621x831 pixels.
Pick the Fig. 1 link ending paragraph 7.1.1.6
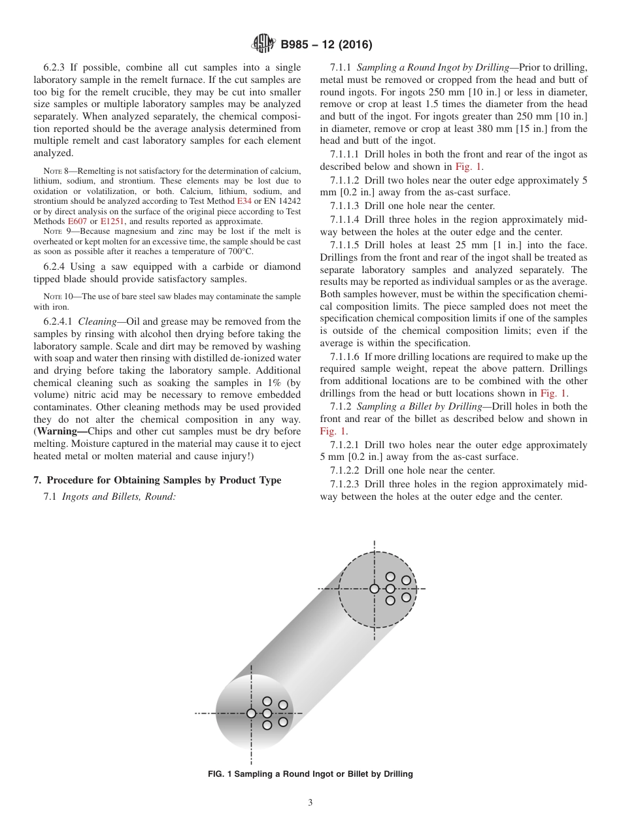(554, 393)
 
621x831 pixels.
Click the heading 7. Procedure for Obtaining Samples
(158, 480)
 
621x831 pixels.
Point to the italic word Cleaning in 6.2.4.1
(97, 321)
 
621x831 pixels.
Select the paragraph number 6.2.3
(56, 67)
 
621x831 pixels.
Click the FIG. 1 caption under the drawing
(310, 774)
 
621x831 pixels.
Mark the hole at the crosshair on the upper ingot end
(375, 589)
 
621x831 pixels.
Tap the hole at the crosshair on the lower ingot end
(251, 713)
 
